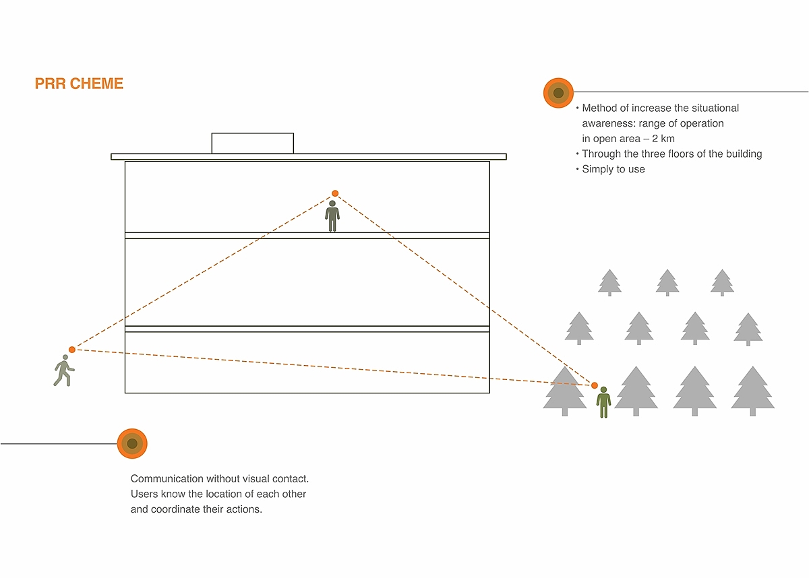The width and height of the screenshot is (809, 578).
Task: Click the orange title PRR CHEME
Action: pyautogui.click(x=79, y=84)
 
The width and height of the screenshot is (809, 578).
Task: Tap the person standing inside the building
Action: pyautogui.click(x=332, y=216)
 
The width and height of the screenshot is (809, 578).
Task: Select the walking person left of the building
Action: pyautogui.click(x=63, y=373)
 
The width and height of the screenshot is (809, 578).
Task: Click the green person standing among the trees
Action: pyautogui.click(x=603, y=402)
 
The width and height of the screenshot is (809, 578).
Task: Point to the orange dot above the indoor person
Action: pyautogui.click(x=335, y=193)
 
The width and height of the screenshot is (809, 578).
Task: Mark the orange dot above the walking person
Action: pyautogui.click(x=72, y=350)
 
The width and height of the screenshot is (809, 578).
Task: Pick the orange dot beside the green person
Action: pyautogui.click(x=595, y=385)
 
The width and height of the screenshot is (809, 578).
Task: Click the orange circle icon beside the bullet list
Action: pyautogui.click(x=558, y=93)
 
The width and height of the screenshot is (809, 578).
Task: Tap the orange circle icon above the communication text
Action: pyautogui.click(x=132, y=443)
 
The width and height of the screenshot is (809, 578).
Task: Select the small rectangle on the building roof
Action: pyautogui.click(x=253, y=143)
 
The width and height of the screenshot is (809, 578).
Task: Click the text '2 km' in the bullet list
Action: pyautogui.click(x=663, y=139)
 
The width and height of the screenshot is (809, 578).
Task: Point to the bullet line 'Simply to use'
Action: pyautogui.click(x=613, y=169)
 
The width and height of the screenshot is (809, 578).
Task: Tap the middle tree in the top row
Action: pyautogui.click(x=667, y=282)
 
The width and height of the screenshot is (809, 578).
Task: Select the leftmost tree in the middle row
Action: pyautogui.click(x=579, y=327)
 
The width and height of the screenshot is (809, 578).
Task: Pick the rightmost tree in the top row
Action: pyautogui.click(x=722, y=282)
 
